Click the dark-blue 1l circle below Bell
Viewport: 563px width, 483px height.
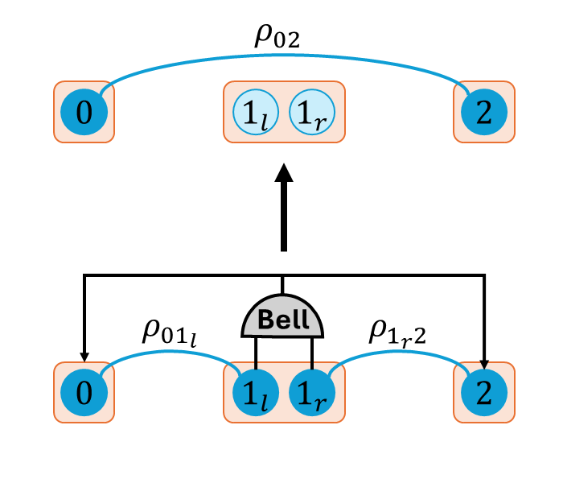[x=253, y=392]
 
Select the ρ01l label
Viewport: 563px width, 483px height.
[x=169, y=332]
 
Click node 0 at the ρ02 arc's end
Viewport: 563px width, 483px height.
[x=84, y=112]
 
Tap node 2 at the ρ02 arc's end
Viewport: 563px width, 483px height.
[x=483, y=112]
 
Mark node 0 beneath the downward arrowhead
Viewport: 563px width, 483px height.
[x=84, y=392]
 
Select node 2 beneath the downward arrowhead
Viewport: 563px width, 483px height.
[x=483, y=392]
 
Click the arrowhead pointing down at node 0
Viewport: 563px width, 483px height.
[x=84, y=358]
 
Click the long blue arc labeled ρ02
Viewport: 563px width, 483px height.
[x=282, y=58]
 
